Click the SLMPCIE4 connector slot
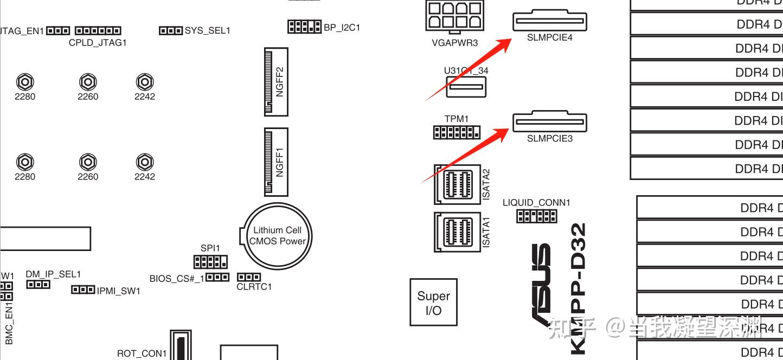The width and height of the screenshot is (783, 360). (x=549, y=22)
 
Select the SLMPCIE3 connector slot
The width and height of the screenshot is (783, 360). (x=549, y=122)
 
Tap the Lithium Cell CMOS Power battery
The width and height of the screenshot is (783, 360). (x=277, y=235)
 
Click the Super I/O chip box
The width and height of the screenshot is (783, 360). (x=433, y=302)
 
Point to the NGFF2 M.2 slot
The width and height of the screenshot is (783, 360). (x=276, y=81)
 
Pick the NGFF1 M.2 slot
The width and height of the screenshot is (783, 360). (x=276, y=162)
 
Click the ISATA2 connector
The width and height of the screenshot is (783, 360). (x=457, y=184)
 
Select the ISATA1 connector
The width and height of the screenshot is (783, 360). (x=457, y=232)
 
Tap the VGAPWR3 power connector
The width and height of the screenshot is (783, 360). (x=454, y=15)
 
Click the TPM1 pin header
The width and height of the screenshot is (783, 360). (x=456, y=132)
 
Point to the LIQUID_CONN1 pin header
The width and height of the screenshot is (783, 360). (x=536, y=216)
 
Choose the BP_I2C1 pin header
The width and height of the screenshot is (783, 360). (x=304, y=27)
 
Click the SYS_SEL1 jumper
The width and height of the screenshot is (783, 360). (x=170, y=30)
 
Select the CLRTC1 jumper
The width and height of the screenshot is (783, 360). (x=249, y=278)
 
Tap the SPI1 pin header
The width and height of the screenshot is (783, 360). (x=210, y=262)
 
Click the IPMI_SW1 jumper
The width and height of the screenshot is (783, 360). (x=84, y=290)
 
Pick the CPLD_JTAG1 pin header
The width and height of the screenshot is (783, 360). (x=98, y=30)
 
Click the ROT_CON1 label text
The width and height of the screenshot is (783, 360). (x=142, y=353)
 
